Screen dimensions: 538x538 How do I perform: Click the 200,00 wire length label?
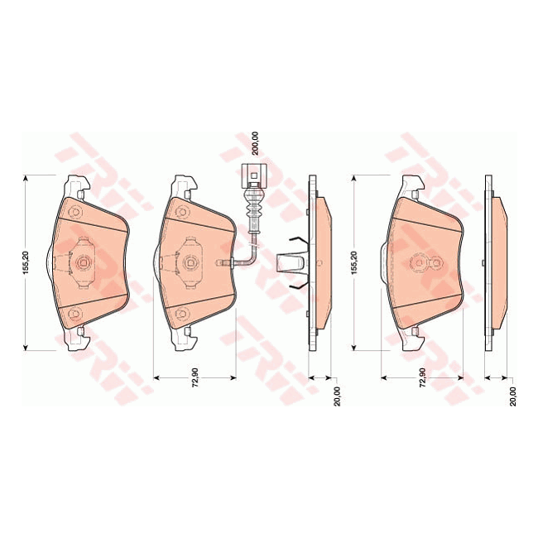256,142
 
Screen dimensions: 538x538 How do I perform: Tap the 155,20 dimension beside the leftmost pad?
27,262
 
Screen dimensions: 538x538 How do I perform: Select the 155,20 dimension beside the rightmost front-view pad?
353,262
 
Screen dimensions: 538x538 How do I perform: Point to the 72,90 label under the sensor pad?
195,387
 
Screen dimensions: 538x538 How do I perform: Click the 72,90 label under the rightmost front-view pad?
422,387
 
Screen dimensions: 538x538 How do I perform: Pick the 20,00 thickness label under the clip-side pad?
336,399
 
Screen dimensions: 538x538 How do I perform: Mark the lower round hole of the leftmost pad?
72,313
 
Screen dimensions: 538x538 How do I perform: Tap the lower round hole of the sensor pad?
183,313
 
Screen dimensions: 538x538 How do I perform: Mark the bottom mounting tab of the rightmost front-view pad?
412,339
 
